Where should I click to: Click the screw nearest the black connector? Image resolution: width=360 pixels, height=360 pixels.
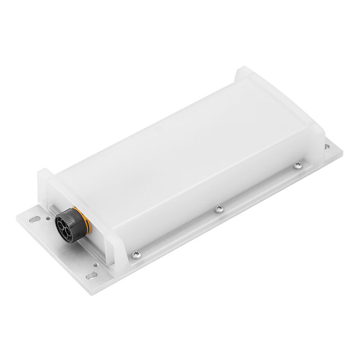(135, 255)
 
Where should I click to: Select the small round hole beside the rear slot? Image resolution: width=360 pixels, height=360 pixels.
(48, 219)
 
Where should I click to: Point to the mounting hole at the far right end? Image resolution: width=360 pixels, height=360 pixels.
(327, 146)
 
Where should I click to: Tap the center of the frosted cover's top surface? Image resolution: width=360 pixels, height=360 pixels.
(180, 153)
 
